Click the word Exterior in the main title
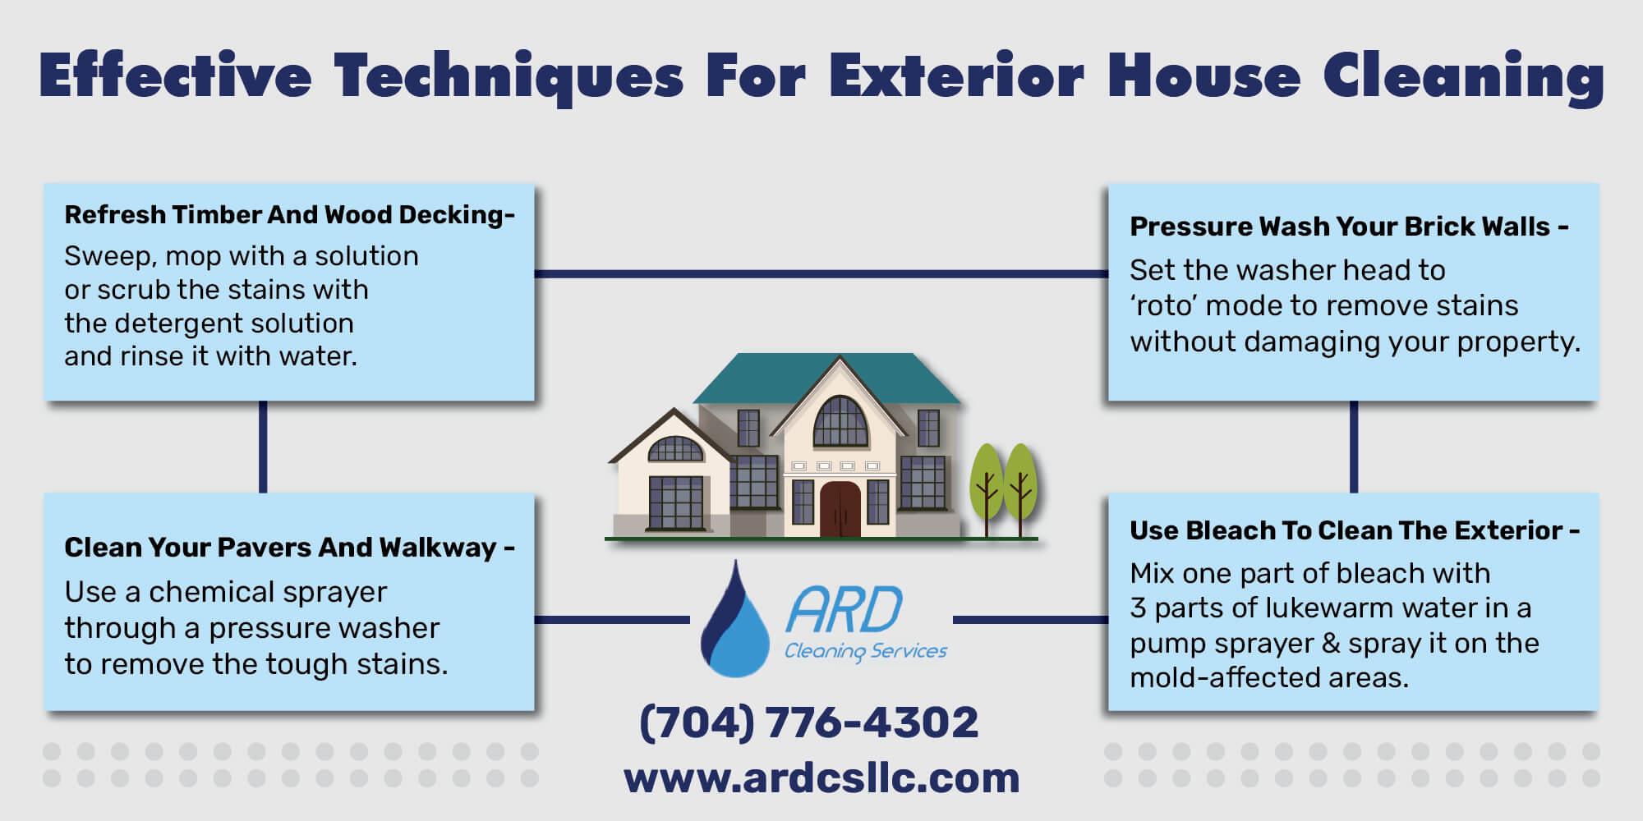[x=956, y=76]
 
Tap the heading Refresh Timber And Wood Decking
[x=289, y=215]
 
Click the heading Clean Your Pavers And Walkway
[x=289, y=548]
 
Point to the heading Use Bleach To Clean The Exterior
[x=1354, y=531]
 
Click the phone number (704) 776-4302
[x=809, y=723]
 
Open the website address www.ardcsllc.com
[x=821, y=778]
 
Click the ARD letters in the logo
[x=845, y=610]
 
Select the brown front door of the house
[x=840, y=509]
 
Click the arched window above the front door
[x=840, y=423]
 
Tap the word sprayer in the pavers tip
[x=338, y=593]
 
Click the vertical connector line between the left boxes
[x=263, y=447]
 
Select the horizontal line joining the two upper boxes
[x=821, y=273]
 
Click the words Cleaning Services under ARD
[x=866, y=651]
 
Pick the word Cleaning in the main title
[x=1463, y=76]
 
